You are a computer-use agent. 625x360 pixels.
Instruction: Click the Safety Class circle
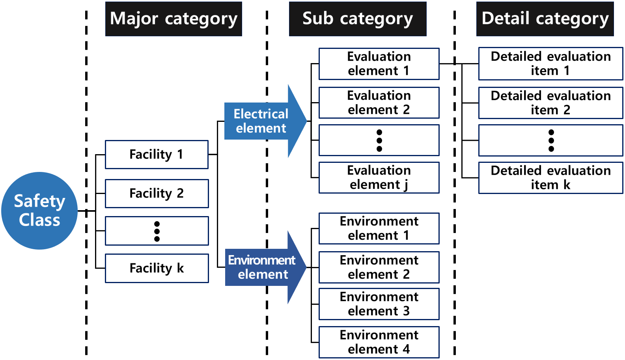point(39,211)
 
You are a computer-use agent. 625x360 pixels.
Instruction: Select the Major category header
point(174,19)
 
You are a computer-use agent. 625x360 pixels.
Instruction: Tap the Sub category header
point(358,19)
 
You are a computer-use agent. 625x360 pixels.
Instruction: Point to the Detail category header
point(545,19)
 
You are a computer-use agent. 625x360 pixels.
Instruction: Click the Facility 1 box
point(157,155)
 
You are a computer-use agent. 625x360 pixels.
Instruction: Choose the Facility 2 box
point(157,194)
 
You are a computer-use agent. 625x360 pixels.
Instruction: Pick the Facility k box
point(157,268)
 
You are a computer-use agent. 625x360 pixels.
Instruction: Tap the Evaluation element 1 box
point(379,64)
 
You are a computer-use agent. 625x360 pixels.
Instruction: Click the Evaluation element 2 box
point(379,103)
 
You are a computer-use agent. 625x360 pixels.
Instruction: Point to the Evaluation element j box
point(379,177)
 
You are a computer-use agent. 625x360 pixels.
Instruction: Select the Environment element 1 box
point(379,229)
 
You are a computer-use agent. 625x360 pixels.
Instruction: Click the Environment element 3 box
point(379,304)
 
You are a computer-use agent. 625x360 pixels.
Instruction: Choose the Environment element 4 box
point(379,342)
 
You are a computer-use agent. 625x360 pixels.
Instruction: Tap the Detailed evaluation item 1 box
point(551,64)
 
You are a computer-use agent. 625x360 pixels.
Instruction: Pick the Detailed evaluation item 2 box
point(551,103)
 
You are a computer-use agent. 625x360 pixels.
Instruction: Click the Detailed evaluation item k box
point(551,178)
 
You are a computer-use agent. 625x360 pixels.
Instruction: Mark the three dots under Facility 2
point(157,231)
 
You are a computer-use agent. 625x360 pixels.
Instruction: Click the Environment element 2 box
point(379,267)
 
